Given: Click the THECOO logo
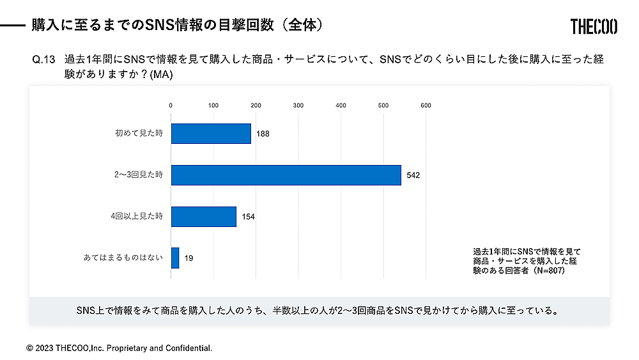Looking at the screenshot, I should (594, 26).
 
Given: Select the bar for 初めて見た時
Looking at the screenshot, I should (211, 134).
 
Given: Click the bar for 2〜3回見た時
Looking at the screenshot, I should (286, 175).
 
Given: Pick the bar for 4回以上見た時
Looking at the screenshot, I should (204, 216).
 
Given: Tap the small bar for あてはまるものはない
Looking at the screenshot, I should (175, 258).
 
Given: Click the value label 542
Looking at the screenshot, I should (413, 175).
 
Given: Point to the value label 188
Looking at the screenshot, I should (263, 134).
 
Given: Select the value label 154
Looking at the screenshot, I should (248, 217).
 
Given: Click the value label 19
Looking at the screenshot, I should (189, 258).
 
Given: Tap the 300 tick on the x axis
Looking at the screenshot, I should (298, 106).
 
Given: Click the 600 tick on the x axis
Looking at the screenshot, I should (426, 106).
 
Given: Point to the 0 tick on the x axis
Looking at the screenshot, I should (171, 106).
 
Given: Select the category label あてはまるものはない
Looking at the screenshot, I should (123, 258).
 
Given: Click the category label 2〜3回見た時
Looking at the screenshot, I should (135, 175).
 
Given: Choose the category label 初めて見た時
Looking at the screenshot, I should (139, 134).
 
